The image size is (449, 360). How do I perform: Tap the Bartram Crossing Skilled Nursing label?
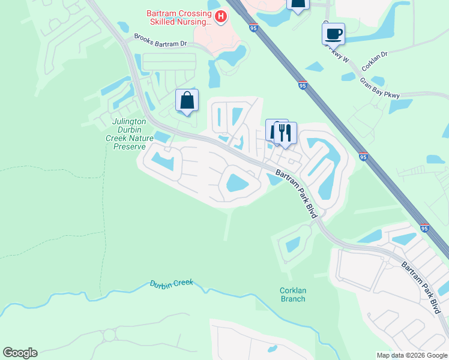[x=178, y=17]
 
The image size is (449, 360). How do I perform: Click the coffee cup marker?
[x=333, y=34]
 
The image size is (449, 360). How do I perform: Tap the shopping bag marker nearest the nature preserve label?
[x=187, y=101]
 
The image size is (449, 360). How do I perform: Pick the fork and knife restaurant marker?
[x=285, y=133]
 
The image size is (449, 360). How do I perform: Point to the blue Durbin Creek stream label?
[x=172, y=283]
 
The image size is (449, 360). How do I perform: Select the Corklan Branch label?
[x=293, y=295]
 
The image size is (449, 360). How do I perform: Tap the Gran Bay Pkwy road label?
[x=379, y=86]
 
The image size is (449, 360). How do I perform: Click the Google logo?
[x=20, y=353]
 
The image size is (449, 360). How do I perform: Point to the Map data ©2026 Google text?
[x=411, y=355]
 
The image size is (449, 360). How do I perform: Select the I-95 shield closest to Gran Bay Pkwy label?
[x=303, y=86]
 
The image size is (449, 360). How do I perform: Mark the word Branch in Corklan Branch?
[x=293, y=299]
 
